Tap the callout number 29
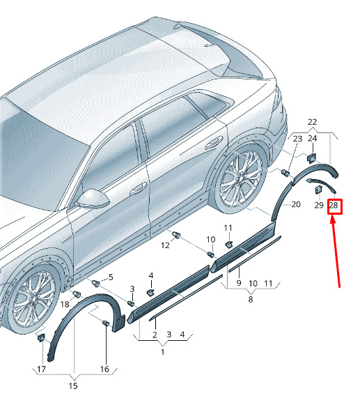coord(319,206)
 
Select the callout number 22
coord(312,122)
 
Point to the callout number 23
coord(297,139)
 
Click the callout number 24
coord(312,139)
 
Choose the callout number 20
coord(296,204)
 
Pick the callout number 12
coord(165,245)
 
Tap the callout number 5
coord(111,277)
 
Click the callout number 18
coord(65,304)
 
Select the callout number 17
coord(41,369)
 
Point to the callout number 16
coord(104,369)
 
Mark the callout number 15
coord(73,386)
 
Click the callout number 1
coord(162,352)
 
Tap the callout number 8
coord(250,299)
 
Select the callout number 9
coord(239,283)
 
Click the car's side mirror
coord(93,199)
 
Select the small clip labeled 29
coord(318,190)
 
